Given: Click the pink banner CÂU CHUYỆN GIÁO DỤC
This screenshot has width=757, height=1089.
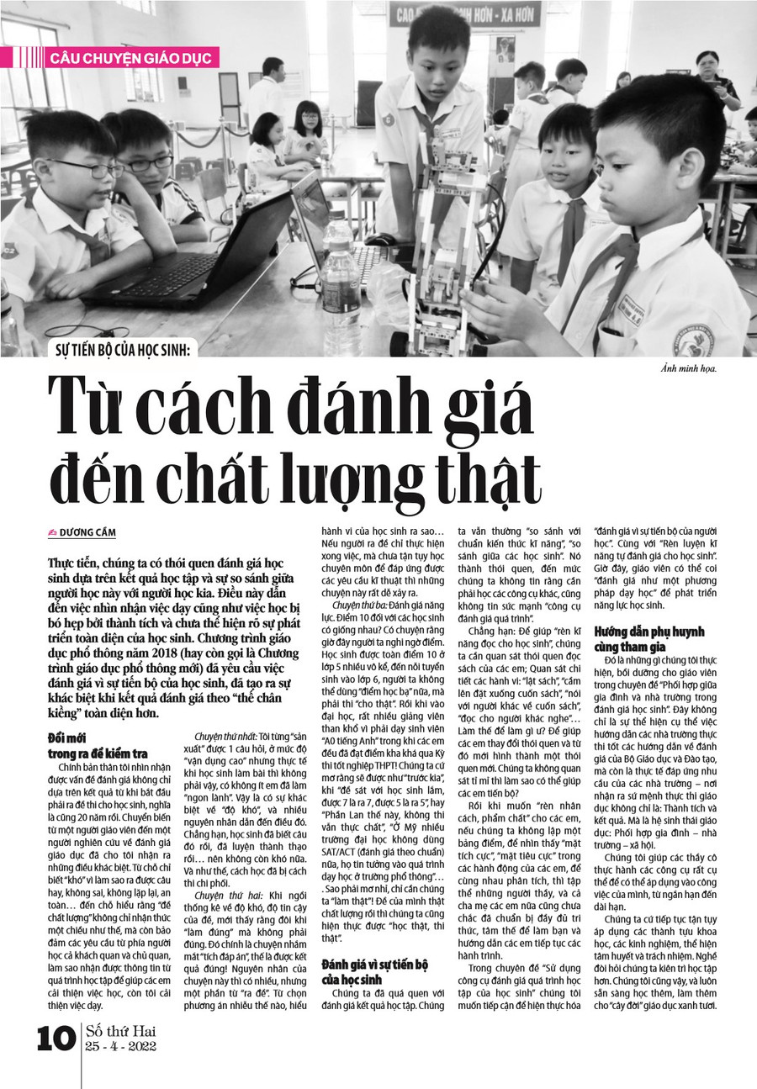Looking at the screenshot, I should pyautogui.click(x=133, y=58).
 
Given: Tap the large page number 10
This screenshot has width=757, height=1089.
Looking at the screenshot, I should pyautogui.click(x=56, y=1039).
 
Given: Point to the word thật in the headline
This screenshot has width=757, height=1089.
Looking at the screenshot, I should pyautogui.click(x=485, y=478).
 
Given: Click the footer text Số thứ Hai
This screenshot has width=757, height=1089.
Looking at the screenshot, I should pyautogui.click(x=121, y=1031).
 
